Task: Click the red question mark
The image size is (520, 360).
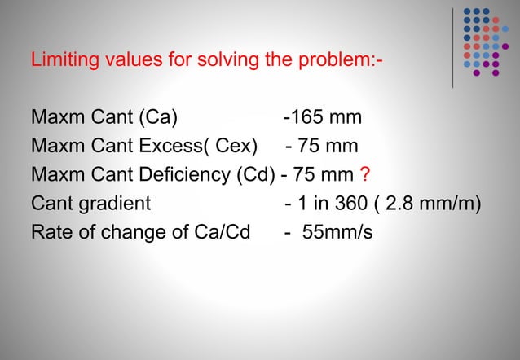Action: point(365,174)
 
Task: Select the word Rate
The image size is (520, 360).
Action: point(51,232)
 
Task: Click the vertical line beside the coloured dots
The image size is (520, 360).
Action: point(453,46)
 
